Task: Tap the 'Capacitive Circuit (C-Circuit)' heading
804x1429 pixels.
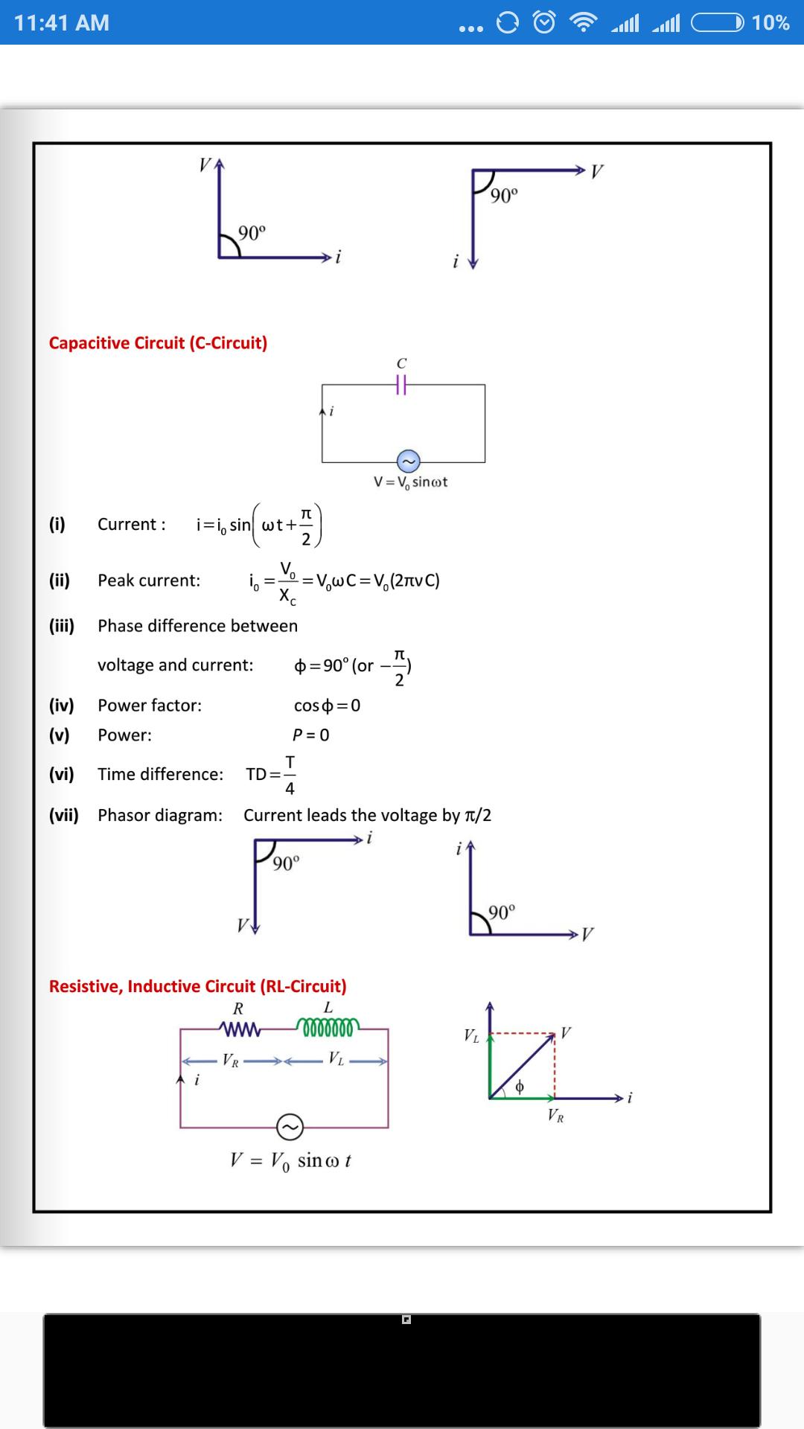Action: [158, 343]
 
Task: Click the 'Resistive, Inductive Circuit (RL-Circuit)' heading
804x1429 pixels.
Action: [198, 986]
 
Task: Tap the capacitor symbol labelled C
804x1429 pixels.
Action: [401, 384]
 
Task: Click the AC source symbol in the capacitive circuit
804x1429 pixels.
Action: [408, 461]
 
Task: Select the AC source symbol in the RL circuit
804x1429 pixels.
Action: [290, 1127]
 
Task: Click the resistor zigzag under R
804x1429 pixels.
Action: [239, 1029]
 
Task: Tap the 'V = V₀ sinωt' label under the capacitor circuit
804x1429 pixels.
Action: [411, 482]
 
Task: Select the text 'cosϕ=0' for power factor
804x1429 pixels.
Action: [327, 706]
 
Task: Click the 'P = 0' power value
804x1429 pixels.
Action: [311, 735]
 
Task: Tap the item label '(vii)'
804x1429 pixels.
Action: [64, 815]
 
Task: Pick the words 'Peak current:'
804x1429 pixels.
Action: [149, 581]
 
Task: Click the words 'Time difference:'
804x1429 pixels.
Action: [161, 774]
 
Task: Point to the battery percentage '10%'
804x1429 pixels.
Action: [770, 23]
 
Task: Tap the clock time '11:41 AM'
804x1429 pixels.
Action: [62, 23]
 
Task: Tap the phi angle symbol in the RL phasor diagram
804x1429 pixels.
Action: [520, 1086]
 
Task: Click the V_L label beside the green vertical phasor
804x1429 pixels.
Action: [471, 1035]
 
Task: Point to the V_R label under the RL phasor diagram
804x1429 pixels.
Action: [555, 1116]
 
